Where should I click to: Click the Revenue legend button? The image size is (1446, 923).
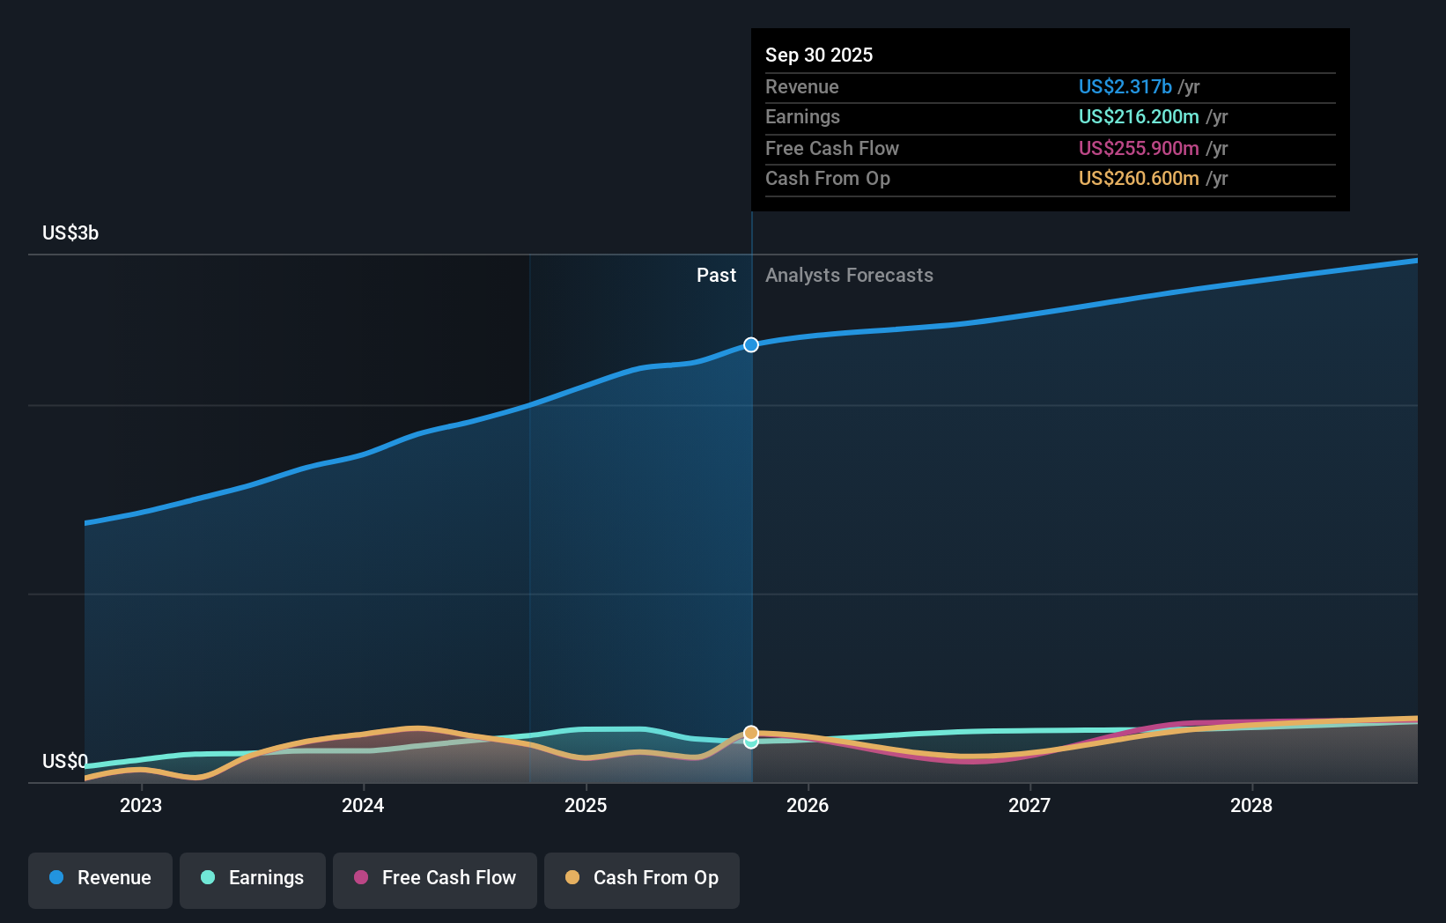(x=100, y=878)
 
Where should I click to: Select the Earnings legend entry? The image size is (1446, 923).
(x=253, y=878)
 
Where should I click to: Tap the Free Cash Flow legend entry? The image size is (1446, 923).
(x=435, y=878)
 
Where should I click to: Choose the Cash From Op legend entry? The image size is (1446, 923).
(x=642, y=878)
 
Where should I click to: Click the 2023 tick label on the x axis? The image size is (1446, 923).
(x=141, y=805)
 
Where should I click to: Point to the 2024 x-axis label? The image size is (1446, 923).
(x=363, y=805)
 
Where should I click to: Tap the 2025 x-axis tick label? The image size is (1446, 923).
(x=586, y=805)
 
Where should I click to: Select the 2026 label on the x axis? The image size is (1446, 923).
(x=808, y=805)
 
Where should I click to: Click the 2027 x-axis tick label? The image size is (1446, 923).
(x=1029, y=805)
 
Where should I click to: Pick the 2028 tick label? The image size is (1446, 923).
(x=1251, y=805)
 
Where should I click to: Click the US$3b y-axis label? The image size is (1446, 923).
(x=70, y=233)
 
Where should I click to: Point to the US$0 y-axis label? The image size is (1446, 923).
(x=64, y=761)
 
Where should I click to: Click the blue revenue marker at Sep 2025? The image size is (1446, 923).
(x=751, y=345)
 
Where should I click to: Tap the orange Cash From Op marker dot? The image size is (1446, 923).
(x=751, y=733)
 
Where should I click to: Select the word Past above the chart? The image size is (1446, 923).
(x=716, y=276)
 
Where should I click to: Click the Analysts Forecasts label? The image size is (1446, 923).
(x=849, y=276)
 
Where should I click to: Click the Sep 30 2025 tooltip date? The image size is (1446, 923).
(x=819, y=55)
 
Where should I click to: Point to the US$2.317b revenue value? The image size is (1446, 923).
(x=1125, y=87)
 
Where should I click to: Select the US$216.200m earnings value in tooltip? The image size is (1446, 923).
(x=1139, y=117)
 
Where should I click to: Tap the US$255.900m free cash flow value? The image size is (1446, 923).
(x=1139, y=149)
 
